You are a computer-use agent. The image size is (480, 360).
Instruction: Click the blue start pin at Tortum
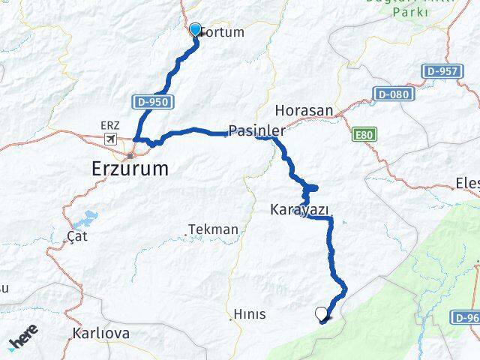point(196,30)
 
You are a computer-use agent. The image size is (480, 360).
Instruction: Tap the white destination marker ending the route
point(322,314)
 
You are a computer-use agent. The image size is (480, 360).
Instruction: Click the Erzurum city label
point(130,168)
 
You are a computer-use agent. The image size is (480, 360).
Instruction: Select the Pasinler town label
point(256,130)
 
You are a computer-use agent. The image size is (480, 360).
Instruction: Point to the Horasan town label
point(304,110)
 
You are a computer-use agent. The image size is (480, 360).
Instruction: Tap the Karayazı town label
point(299,209)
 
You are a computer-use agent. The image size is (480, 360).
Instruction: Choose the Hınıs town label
point(249,314)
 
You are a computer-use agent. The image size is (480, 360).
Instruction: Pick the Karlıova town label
point(101,332)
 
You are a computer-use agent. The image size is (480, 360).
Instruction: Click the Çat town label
point(77,235)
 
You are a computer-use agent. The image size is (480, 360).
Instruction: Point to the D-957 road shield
point(440,70)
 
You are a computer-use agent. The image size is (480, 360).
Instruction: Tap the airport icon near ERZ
point(112,139)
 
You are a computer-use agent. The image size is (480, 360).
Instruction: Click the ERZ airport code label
point(109,127)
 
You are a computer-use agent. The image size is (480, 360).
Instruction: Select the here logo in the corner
point(23,341)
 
